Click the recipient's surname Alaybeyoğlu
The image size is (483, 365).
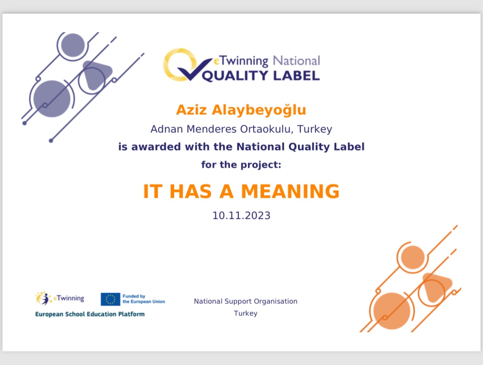(x=259, y=110)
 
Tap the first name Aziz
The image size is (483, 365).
(x=191, y=110)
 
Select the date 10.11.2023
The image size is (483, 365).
(x=242, y=215)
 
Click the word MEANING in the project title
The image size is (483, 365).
(x=290, y=192)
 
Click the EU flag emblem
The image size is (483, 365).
(x=110, y=299)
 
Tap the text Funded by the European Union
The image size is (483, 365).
(x=144, y=299)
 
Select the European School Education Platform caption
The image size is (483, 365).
(x=90, y=314)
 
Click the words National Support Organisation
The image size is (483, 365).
(x=246, y=301)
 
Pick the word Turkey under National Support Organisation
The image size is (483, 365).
(x=246, y=313)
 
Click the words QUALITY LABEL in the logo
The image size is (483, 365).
(x=261, y=76)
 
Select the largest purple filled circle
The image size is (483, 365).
(x=52, y=98)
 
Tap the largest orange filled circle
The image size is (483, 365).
(x=392, y=311)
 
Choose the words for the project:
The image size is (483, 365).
(x=241, y=165)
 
